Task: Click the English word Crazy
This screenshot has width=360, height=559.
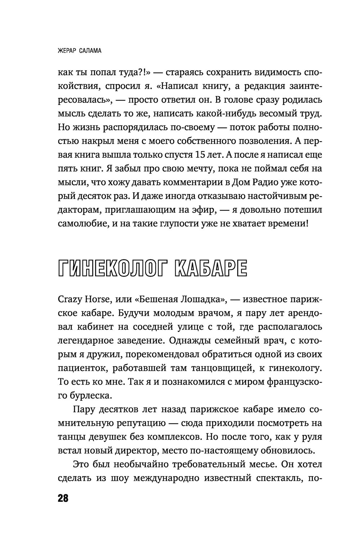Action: click(x=69, y=299)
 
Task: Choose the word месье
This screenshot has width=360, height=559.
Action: click(x=258, y=464)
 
